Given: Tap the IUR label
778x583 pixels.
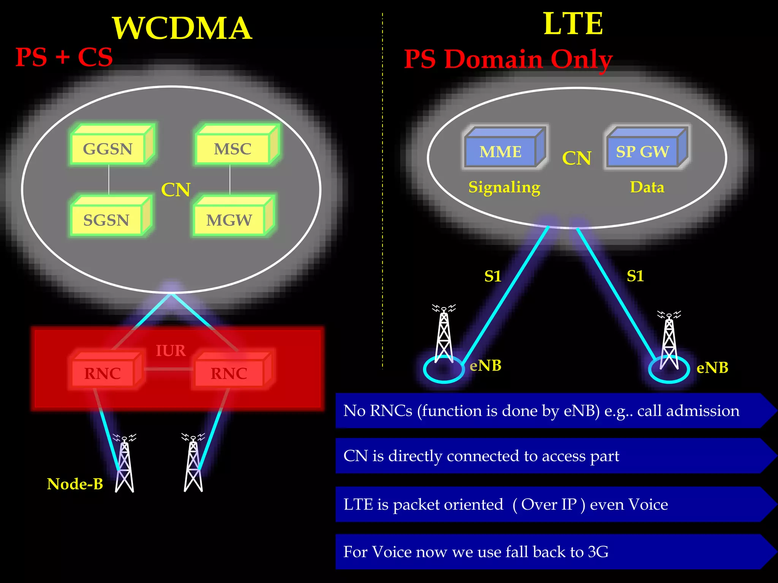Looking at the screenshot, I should pyautogui.click(x=171, y=350).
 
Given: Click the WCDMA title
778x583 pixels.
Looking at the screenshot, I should pyautogui.click(x=182, y=28).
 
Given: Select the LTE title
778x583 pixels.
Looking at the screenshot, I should pyautogui.click(x=573, y=24).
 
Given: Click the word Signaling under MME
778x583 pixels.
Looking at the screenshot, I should pyautogui.click(x=504, y=187).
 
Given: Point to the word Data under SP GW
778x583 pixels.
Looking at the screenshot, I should pyautogui.click(x=647, y=187).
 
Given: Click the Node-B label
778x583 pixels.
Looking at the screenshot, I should pyautogui.click(x=75, y=484).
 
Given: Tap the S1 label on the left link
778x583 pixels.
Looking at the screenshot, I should pyautogui.click(x=493, y=276).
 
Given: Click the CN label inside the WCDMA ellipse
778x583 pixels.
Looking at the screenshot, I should pyautogui.click(x=176, y=190).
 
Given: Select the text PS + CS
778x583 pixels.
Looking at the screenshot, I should pyautogui.click(x=64, y=57).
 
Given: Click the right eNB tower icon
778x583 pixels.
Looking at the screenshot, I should pyautogui.click(x=669, y=342).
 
